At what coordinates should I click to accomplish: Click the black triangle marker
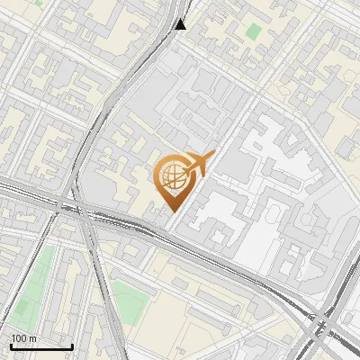181,23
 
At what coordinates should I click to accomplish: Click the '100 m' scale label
23,338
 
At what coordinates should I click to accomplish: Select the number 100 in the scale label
18,338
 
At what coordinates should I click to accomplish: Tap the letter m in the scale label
32,338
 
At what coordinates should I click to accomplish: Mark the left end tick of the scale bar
12,345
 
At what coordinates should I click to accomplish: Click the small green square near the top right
254,31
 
